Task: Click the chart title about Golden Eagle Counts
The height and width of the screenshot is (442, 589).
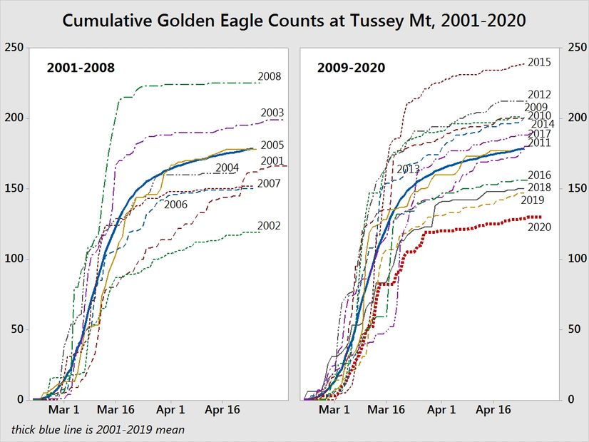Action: (294, 21)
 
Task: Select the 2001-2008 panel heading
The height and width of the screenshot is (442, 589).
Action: (81, 68)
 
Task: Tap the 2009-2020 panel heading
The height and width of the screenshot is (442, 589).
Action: (350, 68)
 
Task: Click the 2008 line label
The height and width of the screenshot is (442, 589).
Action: (269, 76)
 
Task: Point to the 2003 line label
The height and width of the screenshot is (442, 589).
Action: (272, 113)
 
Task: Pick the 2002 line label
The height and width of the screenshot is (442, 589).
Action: (269, 226)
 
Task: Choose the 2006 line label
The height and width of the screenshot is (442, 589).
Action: (175, 205)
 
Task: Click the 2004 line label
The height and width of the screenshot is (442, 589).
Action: (226, 169)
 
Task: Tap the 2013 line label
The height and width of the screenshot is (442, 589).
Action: (408, 169)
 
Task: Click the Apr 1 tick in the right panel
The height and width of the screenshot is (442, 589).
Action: (442, 411)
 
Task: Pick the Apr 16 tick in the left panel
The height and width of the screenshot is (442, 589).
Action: (222, 411)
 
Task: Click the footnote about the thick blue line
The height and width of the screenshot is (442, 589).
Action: (98, 429)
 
